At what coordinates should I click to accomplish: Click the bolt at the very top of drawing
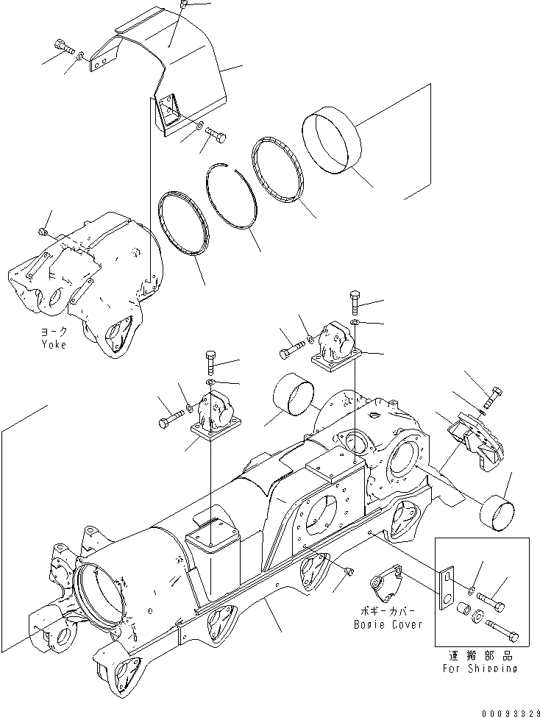184,6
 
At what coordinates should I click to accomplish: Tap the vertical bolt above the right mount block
355,301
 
